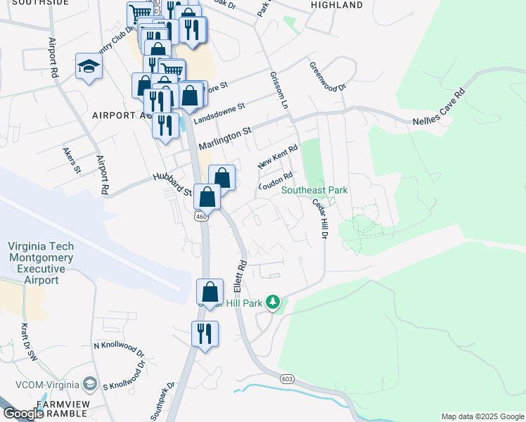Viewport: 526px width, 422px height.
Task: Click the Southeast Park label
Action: coord(314,191)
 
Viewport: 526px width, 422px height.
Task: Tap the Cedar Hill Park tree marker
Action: coord(273,303)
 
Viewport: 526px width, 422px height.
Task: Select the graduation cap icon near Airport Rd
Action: coord(89,67)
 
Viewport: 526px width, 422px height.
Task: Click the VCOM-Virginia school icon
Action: coord(90,384)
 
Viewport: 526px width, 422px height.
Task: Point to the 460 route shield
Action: coord(202,217)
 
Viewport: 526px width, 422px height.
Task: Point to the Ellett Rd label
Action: coord(240,277)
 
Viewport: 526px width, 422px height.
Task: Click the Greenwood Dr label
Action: coord(328,77)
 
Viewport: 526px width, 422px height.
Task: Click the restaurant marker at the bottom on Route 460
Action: coord(205,333)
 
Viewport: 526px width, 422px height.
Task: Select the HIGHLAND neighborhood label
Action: coord(336,5)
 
